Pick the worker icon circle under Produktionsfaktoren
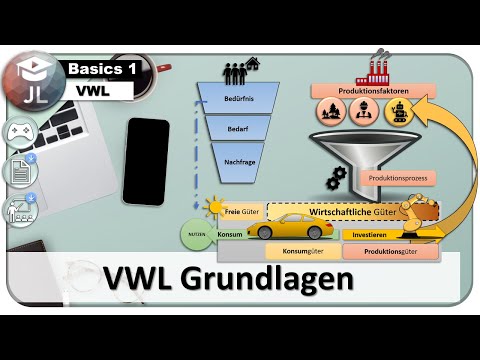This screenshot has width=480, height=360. [x=366, y=111]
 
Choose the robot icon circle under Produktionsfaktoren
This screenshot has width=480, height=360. [x=401, y=111]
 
